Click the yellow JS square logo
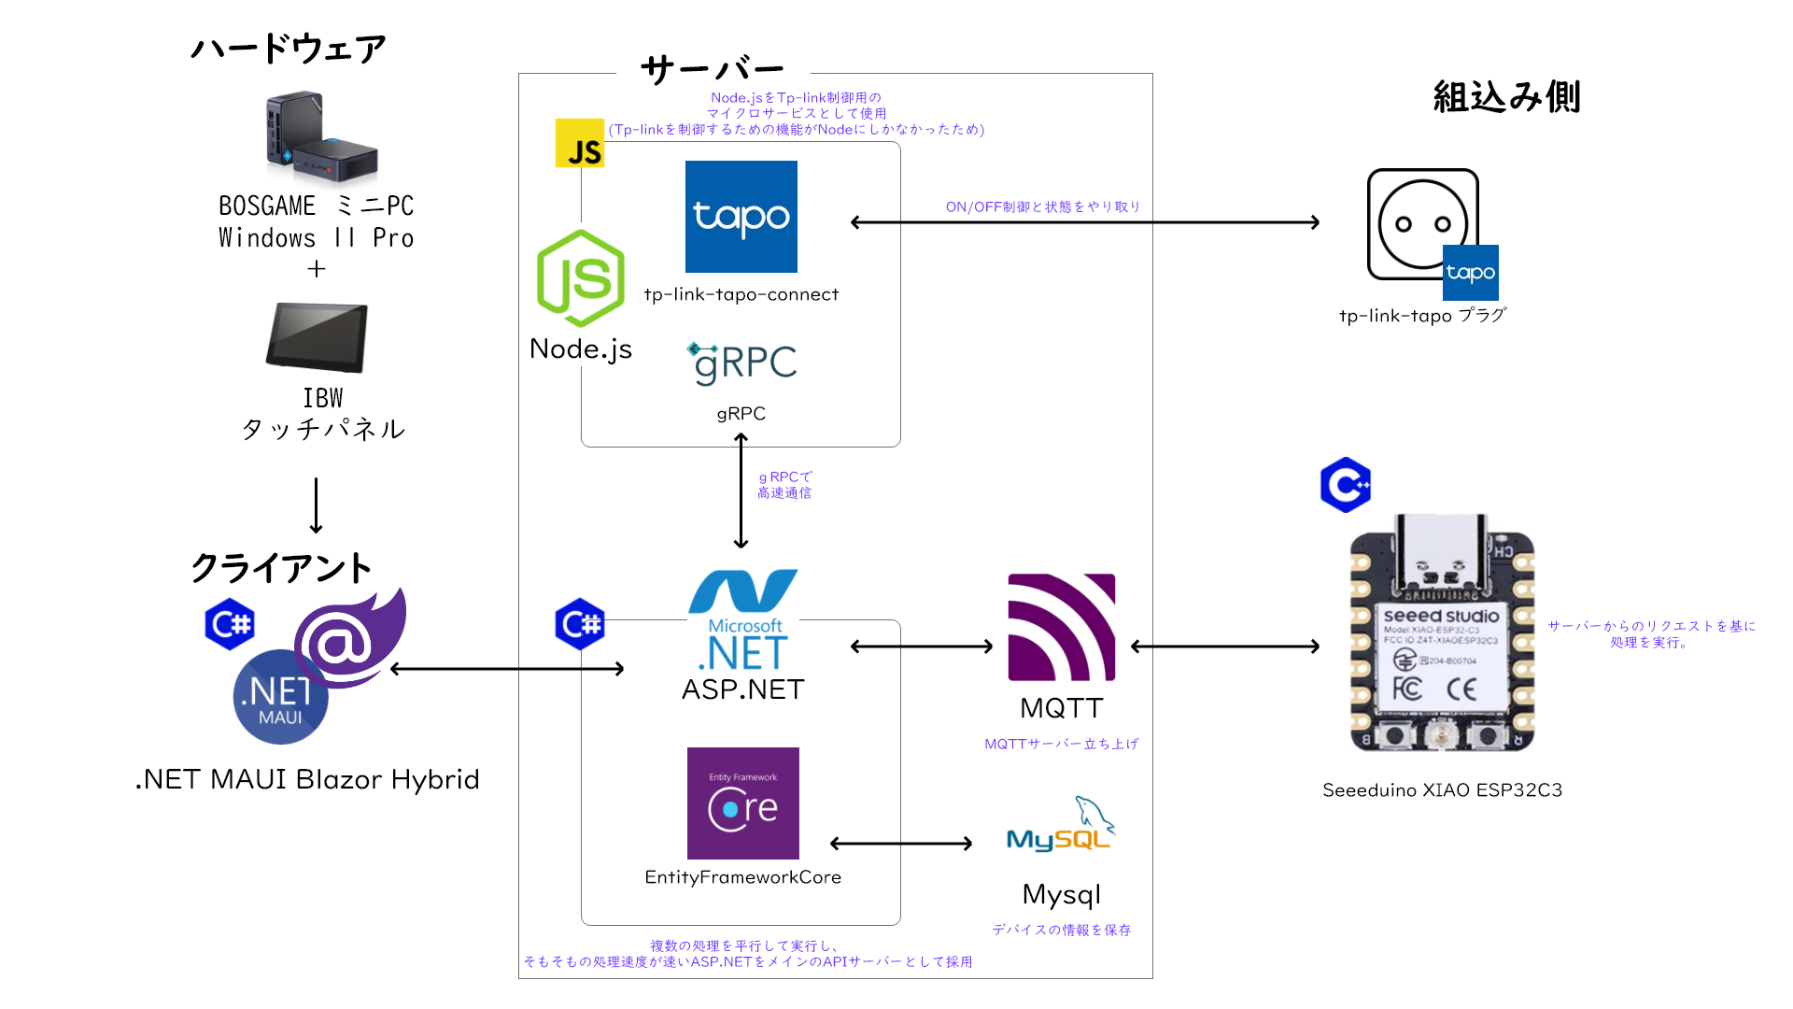[580, 143]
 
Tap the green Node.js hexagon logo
[581, 278]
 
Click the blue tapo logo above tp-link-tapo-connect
[741, 217]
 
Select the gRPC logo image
[742, 363]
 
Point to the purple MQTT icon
[1062, 627]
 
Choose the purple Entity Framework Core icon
[743, 803]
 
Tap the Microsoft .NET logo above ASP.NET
[743, 620]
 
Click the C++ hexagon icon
[1346, 485]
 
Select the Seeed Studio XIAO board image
[1442, 633]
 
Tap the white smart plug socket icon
[1422, 224]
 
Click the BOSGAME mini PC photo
[321, 139]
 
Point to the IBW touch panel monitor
[317, 337]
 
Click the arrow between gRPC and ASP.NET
[741, 491]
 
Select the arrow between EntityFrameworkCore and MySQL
[901, 844]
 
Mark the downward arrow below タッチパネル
[317, 505]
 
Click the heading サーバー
[713, 70]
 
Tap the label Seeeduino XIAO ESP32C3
[1442, 790]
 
